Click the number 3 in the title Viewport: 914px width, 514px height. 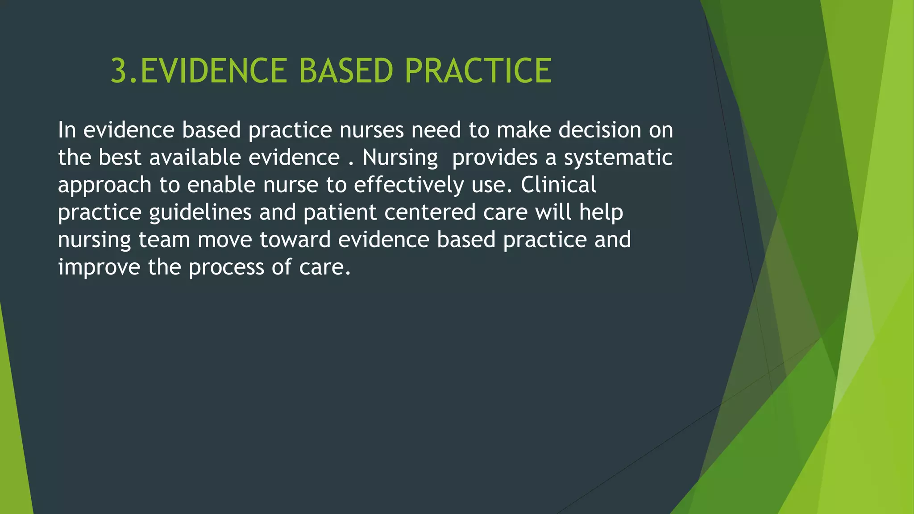click(119, 71)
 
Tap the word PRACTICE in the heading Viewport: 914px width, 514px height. click(478, 71)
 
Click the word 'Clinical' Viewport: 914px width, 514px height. click(558, 185)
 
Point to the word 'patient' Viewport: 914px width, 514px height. click(340, 213)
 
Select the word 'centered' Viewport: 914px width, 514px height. click(429, 212)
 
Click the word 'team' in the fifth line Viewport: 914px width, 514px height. click(164, 240)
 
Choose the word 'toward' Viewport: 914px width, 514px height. click(295, 240)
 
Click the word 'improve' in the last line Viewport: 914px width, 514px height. click(99, 268)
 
